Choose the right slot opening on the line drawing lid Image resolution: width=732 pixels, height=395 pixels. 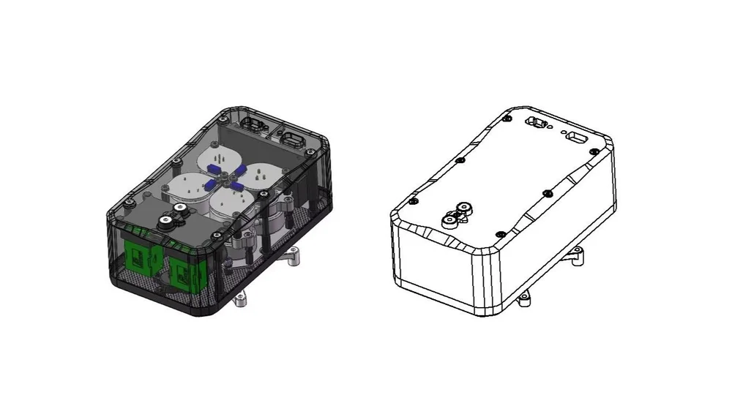(x=577, y=138)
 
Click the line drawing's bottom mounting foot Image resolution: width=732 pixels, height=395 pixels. (x=523, y=299)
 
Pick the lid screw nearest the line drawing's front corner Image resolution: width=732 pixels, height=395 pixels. (x=500, y=233)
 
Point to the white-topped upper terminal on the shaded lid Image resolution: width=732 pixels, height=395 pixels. (x=177, y=209)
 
